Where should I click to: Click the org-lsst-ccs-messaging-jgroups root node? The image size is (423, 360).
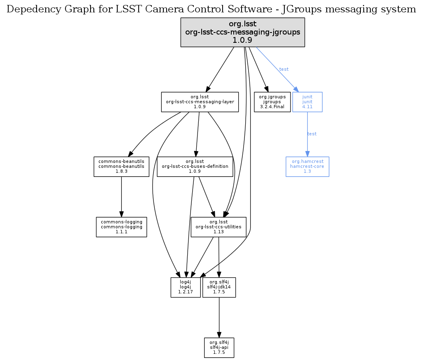pos(243,32)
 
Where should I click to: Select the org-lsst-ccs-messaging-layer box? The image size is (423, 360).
pos(200,102)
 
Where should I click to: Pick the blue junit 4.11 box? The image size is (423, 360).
pos(307,102)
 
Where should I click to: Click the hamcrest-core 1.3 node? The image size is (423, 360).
pos(307,166)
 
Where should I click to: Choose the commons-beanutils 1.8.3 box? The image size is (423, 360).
pos(121,166)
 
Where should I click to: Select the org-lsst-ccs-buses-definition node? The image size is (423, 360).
pos(195,166)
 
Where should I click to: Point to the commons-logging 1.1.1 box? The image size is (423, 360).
pos(121,227)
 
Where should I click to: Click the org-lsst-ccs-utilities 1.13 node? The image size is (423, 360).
pos(218,227)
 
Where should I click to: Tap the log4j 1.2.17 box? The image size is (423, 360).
pos(185,287)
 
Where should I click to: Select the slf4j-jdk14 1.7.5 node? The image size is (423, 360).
pos(219,287)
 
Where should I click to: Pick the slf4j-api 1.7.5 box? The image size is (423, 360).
pos(219,348)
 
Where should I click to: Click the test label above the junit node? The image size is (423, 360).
pos(284,69)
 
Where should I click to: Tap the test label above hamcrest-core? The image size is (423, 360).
pos(312,134)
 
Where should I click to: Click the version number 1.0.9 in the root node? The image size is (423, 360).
pos(243,40)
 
